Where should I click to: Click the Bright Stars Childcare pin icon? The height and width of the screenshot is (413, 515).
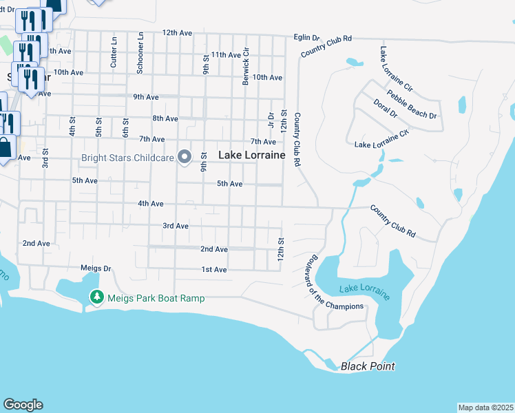[x=185, y=158]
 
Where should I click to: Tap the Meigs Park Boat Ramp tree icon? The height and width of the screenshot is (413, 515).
[x=97, y=297]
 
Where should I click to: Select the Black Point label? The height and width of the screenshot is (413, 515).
[x=368, y=366]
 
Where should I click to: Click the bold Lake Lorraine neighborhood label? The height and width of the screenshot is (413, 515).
[x=251, y=156]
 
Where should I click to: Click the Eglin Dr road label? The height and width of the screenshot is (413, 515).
[x=306, y=37]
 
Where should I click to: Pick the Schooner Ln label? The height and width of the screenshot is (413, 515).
[x=140, y=52]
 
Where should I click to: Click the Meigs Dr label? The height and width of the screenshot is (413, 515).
[x=96, y=268]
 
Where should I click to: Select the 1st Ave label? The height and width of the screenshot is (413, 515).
[x=214, y=270]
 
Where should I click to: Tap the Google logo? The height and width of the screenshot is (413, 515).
[x=23, y=405]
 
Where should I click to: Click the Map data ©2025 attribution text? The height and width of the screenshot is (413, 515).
[x=485, y=407]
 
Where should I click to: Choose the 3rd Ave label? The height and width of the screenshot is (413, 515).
[x=176, y=226]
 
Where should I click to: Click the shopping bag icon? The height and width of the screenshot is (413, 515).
[x=4, y=147]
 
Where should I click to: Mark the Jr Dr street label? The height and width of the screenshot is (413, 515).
[x=271, y=120]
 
